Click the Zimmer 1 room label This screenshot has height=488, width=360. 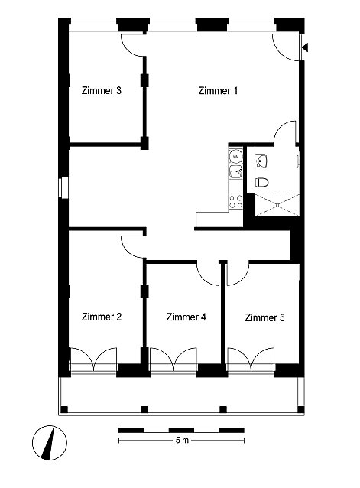tap(218, 90)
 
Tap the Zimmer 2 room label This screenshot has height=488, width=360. tap(102, 317)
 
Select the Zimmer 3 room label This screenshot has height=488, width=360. tap(102, 90)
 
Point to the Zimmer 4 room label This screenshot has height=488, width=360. tap(186, 317)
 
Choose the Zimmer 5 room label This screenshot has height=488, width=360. tap(264, 317)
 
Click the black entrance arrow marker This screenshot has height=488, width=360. tap(305, 47)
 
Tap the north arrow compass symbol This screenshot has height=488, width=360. tap(50, 442)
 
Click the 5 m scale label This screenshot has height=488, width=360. tap(182, 440)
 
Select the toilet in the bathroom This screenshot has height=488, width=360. tap(261, 182)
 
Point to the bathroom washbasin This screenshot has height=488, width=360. tap(261, 161)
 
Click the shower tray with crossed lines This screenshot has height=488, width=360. tap(277, 204)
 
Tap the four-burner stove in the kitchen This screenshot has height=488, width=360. tap(235, 201)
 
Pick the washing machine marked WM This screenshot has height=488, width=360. tap(235, 157)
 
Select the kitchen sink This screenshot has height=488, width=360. tap(235, 172)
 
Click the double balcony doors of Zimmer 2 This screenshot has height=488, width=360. tap(93, 359)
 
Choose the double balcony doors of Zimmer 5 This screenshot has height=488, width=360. tap(251, 359)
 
